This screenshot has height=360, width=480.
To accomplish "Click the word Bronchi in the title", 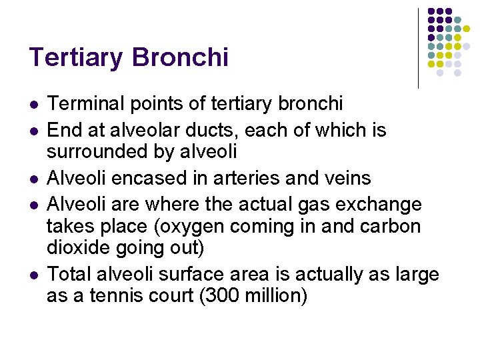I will pyautogui.click(x=180, y=57).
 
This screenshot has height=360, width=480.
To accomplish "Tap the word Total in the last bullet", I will pyautogui.click(x=71, y=274).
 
